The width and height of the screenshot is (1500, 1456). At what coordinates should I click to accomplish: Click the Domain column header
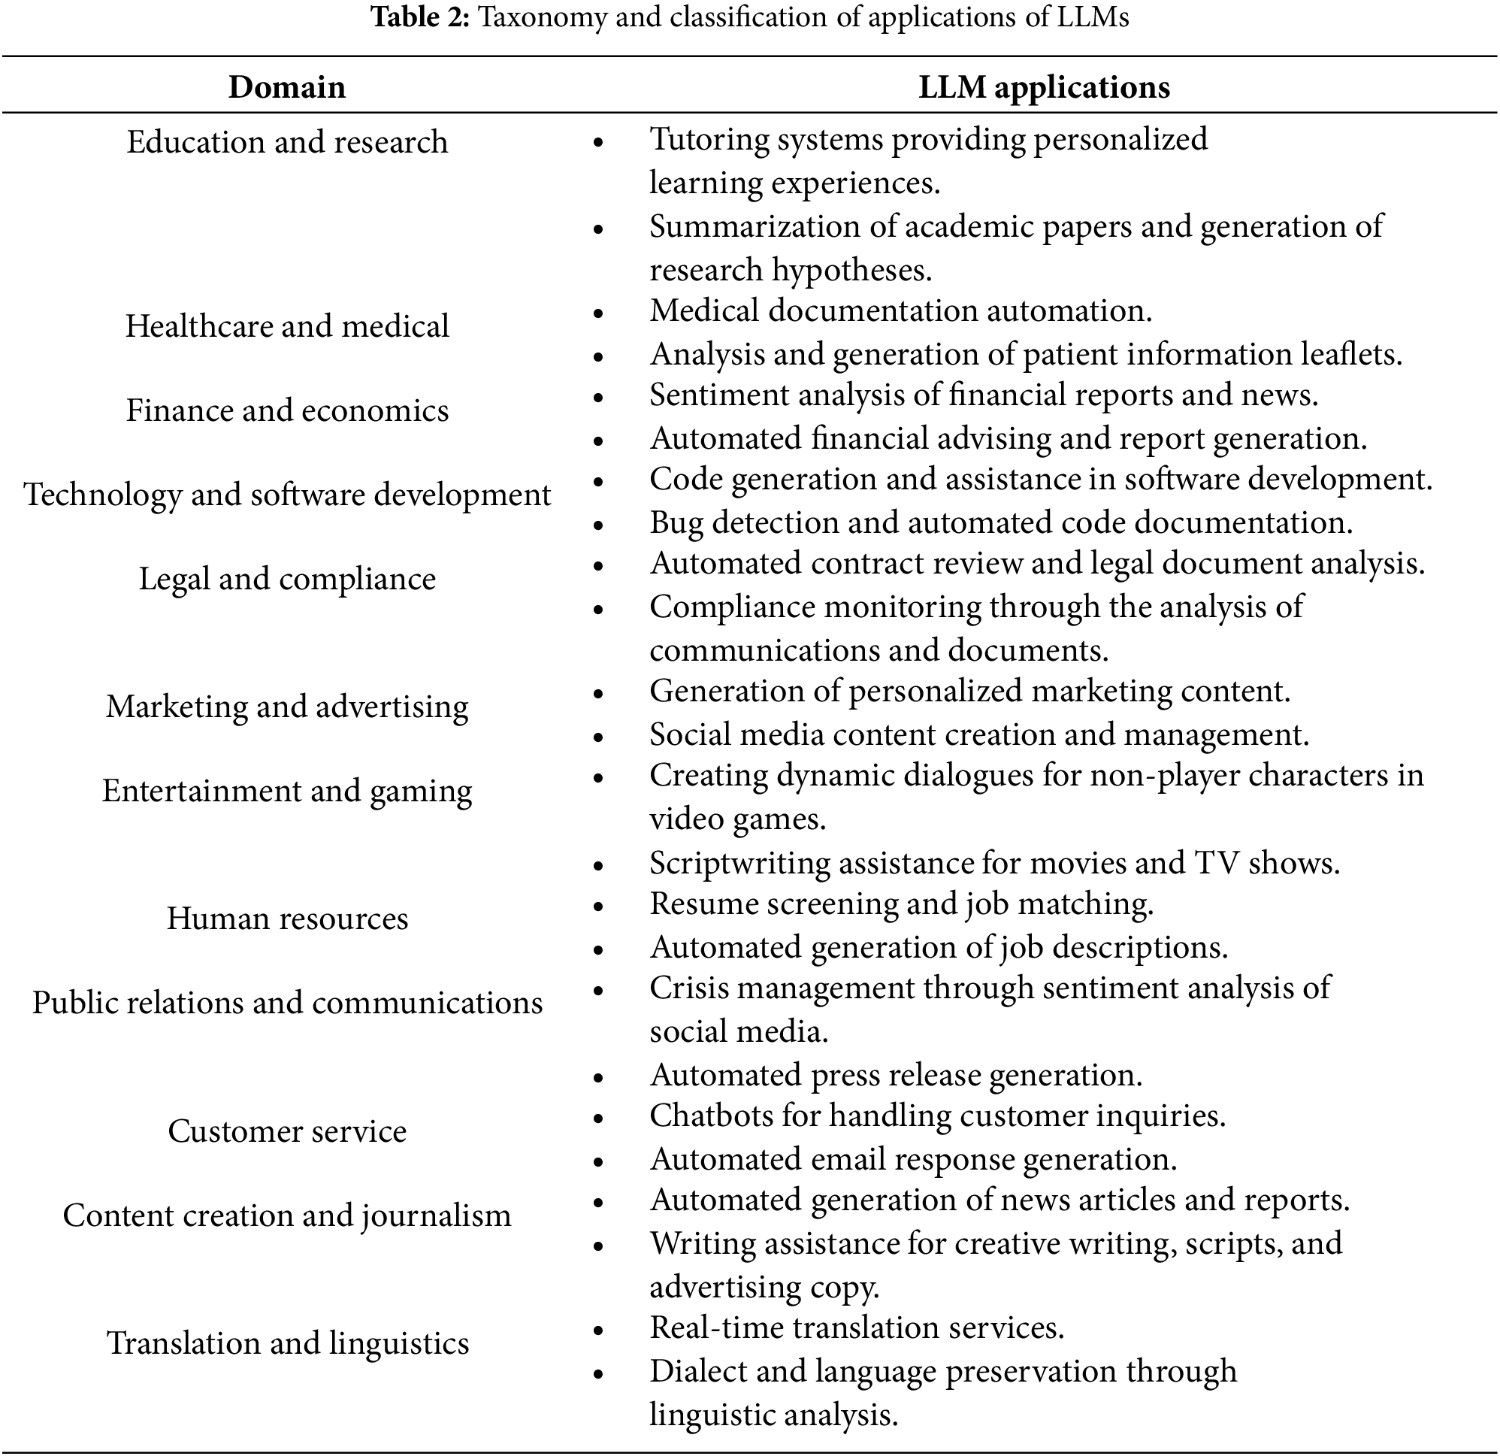tap(287, 87)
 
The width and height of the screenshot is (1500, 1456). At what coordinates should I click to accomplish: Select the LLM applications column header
tap(1044, 87)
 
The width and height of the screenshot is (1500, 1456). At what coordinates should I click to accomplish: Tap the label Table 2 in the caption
tap(420, 17)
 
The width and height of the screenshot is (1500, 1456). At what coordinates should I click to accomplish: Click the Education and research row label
tap(287, 142)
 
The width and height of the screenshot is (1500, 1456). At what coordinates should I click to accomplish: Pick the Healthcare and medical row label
tap(287, 326)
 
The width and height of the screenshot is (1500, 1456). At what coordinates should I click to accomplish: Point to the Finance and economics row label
tap(287, 410)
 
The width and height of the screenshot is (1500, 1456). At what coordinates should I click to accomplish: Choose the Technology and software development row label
tap(287, 495)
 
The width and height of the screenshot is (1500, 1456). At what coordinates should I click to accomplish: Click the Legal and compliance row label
tap(287, 579)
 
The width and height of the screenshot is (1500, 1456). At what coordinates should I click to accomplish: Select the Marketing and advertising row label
tap(287, 707)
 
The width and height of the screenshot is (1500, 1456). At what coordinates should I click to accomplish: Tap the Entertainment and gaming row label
tap(287, 791)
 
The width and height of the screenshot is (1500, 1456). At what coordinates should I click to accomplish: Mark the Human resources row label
tap(287, 919)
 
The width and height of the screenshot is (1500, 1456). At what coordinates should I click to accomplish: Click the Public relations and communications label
tap(287, 1003)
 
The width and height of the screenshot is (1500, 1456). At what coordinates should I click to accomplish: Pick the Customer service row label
tap(287, 1131)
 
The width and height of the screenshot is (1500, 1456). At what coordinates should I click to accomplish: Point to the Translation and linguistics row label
tap(287, 1343)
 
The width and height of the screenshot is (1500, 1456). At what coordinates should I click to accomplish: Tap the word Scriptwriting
tap(739, 864)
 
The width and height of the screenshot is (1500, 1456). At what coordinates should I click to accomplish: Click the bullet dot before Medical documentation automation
tap(598, 313)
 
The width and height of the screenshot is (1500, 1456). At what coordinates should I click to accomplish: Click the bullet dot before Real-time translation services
tap(598, 1330)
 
